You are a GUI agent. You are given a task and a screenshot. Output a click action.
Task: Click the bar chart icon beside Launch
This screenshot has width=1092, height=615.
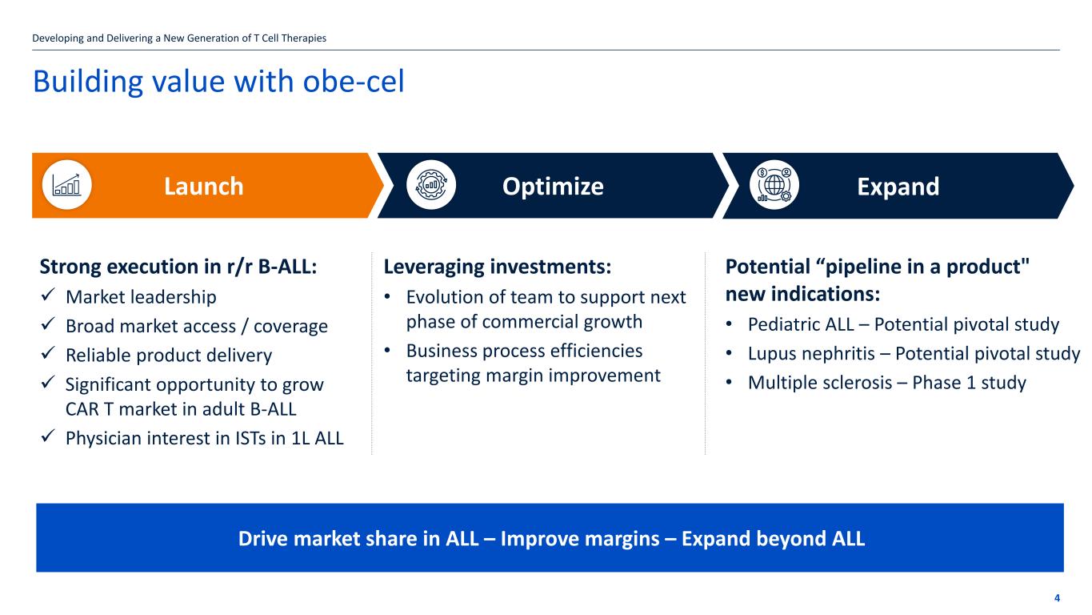coord(66,185)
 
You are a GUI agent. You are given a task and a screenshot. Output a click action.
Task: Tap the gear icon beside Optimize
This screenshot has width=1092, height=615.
coord(431,185)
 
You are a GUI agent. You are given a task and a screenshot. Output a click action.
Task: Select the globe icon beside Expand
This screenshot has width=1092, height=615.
coord(774,185)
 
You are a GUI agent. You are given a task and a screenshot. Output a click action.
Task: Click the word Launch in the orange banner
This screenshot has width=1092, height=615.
coord(204,187)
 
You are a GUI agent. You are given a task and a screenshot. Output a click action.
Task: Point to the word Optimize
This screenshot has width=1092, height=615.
coord(553,187)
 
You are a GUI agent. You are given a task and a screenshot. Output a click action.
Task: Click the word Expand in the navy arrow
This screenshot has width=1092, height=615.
coord(898,187)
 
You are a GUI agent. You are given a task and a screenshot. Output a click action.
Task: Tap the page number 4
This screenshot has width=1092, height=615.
coord(1057,598)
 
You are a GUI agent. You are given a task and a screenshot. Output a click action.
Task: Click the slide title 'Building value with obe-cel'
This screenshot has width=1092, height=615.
coord(218,81)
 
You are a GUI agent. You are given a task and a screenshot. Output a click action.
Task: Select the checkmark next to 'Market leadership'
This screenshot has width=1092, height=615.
coord(48,295)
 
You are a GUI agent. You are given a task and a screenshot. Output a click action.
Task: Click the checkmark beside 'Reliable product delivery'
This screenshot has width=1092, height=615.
coord(48,353)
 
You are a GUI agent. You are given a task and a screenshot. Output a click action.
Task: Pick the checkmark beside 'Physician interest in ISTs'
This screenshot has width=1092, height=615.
coord(48,436)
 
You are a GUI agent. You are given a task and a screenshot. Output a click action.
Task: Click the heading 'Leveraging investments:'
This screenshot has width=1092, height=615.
coord(498,267)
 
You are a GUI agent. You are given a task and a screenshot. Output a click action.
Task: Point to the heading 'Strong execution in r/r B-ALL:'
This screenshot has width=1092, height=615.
coord(178,267)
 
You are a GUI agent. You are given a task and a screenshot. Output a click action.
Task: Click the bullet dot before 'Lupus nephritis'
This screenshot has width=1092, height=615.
coord(729,352)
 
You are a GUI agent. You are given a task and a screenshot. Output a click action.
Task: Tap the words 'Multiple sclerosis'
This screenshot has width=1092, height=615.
coord(820,383)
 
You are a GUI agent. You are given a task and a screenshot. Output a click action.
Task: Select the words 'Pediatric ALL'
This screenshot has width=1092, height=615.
coord(801,324)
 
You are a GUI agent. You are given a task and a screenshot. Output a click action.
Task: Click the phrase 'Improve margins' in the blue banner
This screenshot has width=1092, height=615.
coord(580,539)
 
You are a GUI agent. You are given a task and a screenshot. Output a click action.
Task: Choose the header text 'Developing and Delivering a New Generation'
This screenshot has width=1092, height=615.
coord(142,38)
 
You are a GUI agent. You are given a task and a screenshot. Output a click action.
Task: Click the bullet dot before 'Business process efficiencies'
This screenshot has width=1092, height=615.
coord(387,350)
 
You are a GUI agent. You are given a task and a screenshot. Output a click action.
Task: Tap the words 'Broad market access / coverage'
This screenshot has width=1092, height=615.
coord(197,326)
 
